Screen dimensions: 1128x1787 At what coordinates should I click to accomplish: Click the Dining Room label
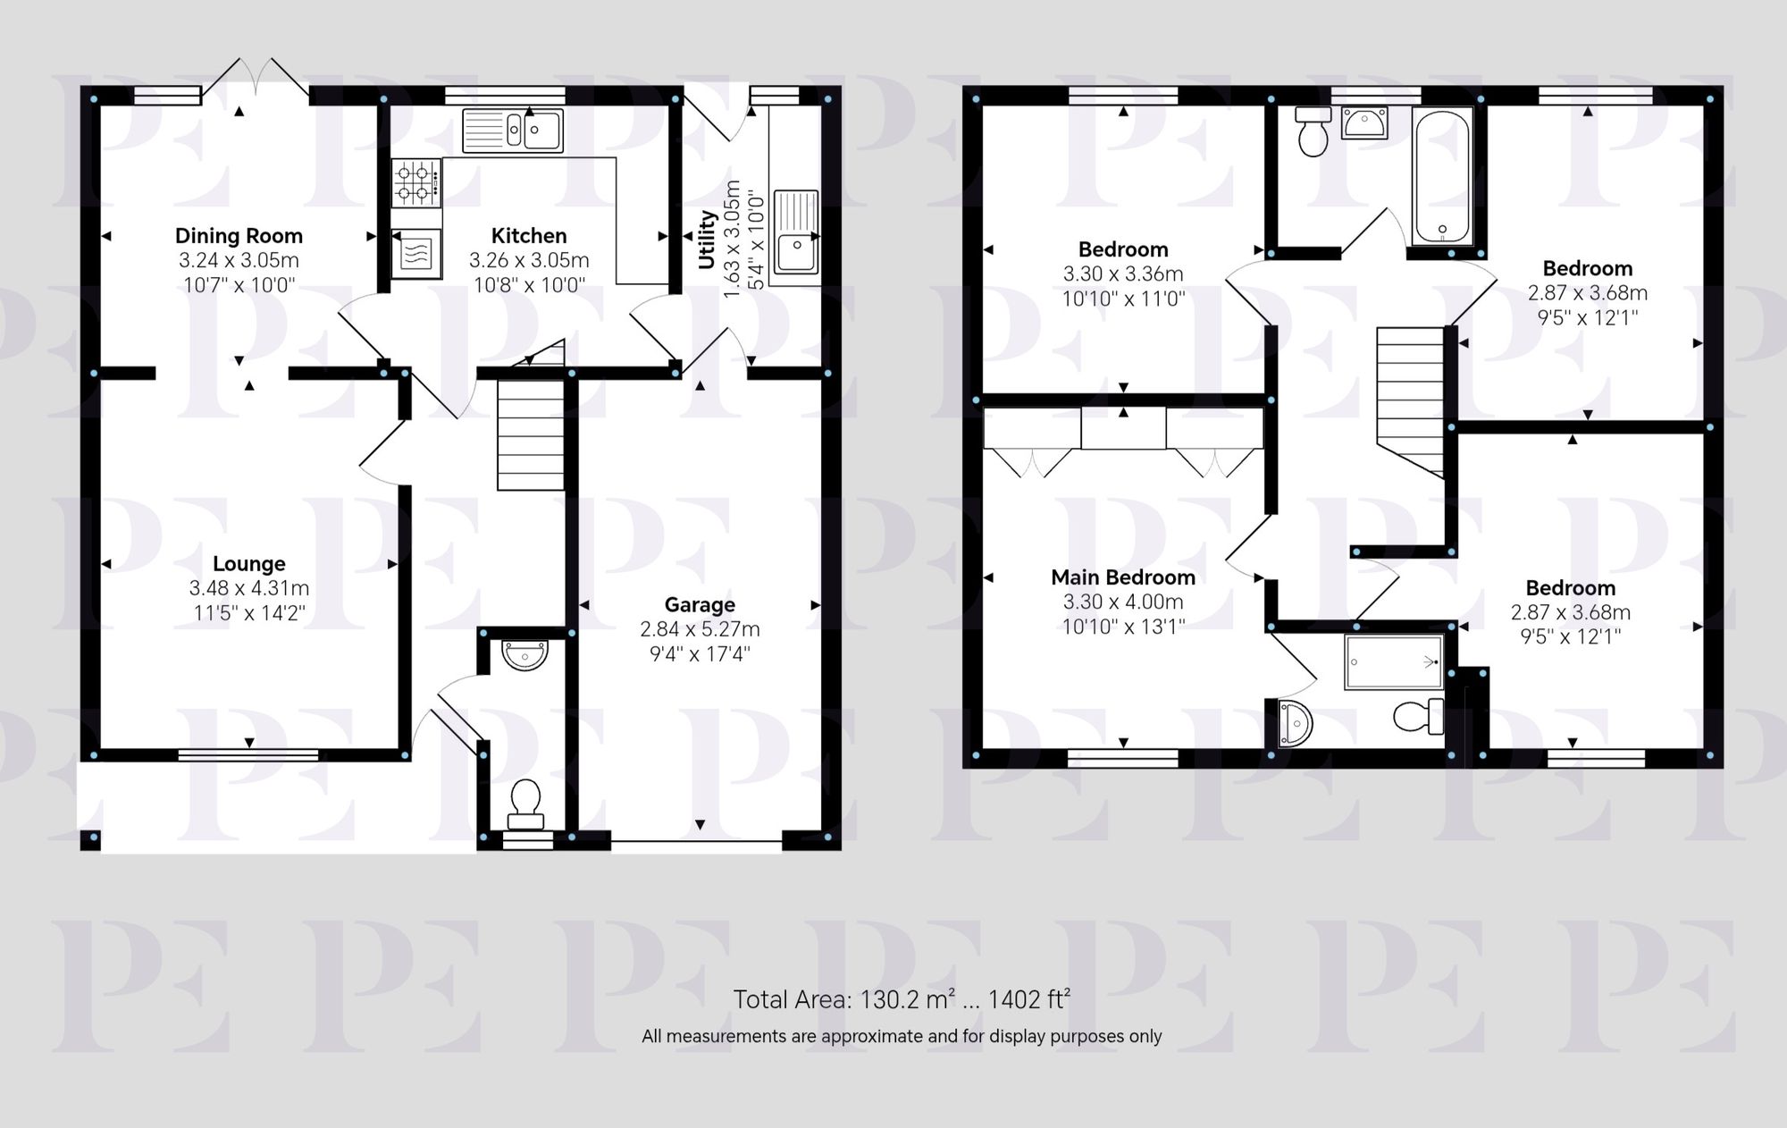pyautogui.click(x=239, y=236)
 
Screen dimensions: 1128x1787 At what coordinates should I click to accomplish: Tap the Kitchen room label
pyautogui.click(x=529, y=236)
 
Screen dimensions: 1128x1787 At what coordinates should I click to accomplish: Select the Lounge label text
pyautogui.click(x=249, y=564)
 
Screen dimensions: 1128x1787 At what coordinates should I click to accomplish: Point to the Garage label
pyautogui.click(x=700, y=605)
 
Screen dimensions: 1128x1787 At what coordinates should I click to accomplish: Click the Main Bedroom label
pyautogui.click(x=1123, y=577)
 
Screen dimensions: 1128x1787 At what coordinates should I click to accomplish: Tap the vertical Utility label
pyautogui.click(x=708, y=240)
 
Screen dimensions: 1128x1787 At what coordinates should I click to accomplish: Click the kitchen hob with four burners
pyautogui.click(x=416, y=182)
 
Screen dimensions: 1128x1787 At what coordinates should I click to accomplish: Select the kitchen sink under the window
pyautogui.click(x=513, y=130)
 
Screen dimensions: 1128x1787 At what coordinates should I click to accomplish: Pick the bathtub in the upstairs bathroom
pyautogui.click(x=1442, y=176)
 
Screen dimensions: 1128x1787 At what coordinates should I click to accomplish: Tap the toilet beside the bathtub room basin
pyautogui.click(x=1313, y=131)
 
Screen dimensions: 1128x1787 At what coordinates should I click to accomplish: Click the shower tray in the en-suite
pyautogui.click(x=1393, y=661)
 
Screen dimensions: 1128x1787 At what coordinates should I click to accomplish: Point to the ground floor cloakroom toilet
pyautogui.click(x=525, y=802)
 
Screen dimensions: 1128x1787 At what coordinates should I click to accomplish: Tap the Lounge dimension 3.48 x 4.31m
pyautogui.click(x=249, y=588)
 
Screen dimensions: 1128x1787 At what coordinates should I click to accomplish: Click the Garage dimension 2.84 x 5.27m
pyautogui.click(x=700, y=629)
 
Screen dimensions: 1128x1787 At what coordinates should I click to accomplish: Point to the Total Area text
pyautogui.click(x=902, y=999)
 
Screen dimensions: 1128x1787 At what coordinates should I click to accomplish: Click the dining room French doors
pyautogui.click(x=256, y=79)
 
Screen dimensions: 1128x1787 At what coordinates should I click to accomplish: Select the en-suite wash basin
pyautogui.click(x=1293, y=723)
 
